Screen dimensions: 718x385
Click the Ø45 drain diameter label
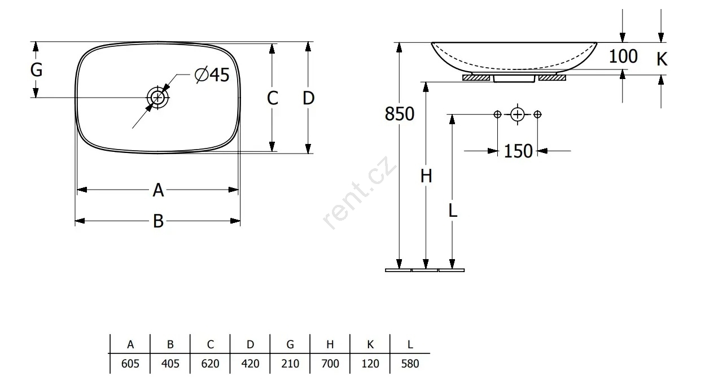(212, 75)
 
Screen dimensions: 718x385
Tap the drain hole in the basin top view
(157, 98)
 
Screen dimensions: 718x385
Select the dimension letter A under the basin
(158, 190)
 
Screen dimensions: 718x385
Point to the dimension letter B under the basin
(159, 221)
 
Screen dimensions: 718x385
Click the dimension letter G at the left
(36, 70)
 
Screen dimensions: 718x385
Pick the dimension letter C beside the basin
(273, 98)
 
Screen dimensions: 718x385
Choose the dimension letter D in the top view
(308, 98)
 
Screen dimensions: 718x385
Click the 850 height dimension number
(400, 114)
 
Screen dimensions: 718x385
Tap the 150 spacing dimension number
(518, 151)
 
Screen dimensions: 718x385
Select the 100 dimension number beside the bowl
(623, 56)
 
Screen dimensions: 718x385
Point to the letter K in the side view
(662, 59)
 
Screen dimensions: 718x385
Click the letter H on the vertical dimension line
(426, 176)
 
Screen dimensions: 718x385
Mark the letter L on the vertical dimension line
(453, 211)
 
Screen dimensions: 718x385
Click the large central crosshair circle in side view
(518, 115)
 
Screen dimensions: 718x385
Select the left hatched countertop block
(476, 77)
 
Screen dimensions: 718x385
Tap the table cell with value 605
(130, 364)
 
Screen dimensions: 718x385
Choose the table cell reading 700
(330, 364)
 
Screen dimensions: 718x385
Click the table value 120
(370, 364)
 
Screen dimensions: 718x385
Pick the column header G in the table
(290, 344)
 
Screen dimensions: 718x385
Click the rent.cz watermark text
(360, 193)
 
